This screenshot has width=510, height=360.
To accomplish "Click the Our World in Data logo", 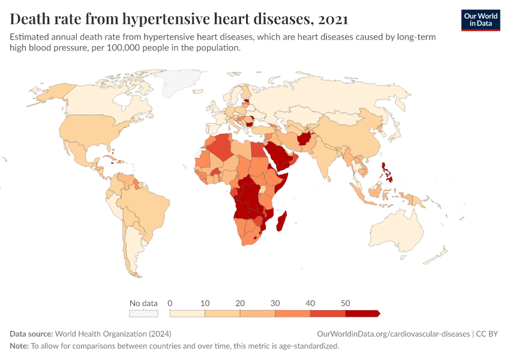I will pyautogui.click(x=481, y=20).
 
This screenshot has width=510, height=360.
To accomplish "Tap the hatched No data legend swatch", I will pyautogui.click(x=144, y=313).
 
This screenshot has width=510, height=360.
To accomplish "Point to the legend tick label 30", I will pyautogui.click(x=275, y=303).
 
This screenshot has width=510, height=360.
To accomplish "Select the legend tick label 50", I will pyautogui.click(x=345, y=303).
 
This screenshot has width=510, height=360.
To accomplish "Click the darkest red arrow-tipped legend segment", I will pyautogui.click(x=362, y=313).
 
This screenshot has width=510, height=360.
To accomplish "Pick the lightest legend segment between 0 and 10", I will pyautogui.click(x=187, y=313).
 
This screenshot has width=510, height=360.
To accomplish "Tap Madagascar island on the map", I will pyautogui.click(x=281, y=221).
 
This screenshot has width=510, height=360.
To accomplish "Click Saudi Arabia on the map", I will pyautogui.click(x=278, y=152).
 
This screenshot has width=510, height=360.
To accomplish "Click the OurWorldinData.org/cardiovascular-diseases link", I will pyautogui.click(x=392, y=334).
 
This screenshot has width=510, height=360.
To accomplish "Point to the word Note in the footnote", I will pyautogui.click(x=19, y=346).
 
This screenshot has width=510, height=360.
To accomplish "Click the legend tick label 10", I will pyautogui.click(x=205, y=303).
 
